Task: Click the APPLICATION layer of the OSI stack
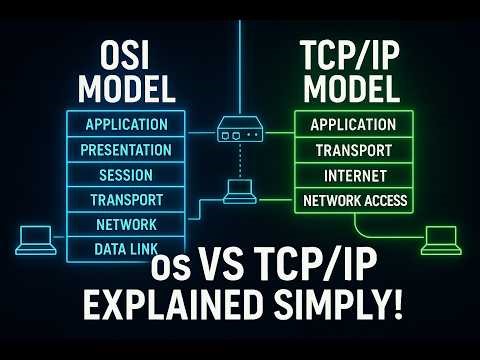(126, 125)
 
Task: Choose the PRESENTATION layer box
(126, 150)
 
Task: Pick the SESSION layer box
(126, 175)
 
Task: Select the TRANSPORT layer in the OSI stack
(126, 199)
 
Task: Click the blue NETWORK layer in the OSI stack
(126, 224)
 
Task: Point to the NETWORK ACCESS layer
(355, 200)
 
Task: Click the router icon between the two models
(240, 128)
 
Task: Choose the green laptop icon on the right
(442, 240)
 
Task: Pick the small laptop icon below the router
(240, 191)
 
